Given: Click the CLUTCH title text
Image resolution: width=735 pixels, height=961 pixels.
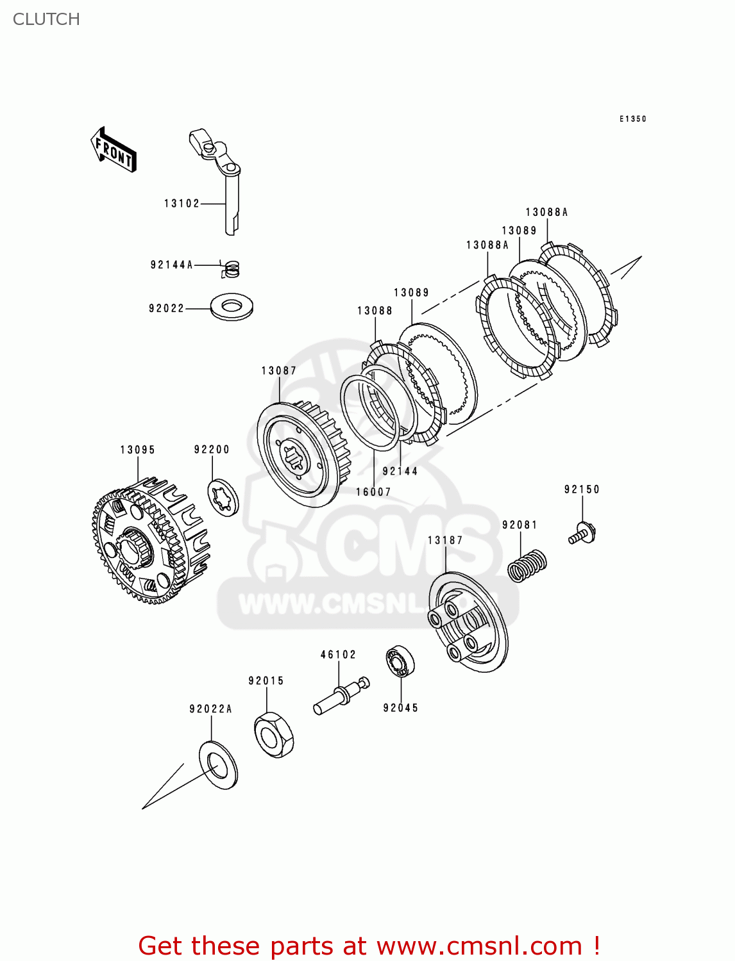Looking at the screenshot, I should click(x=46, y=19).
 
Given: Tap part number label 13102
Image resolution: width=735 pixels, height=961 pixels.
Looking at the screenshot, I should click(x=182, y=204).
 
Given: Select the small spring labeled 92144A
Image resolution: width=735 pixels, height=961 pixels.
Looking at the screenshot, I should click(x=231, y=268).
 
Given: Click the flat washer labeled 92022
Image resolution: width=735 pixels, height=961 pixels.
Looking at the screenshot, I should click(x=232, y=307).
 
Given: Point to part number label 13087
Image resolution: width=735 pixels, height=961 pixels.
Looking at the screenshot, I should click(x=278, y=371).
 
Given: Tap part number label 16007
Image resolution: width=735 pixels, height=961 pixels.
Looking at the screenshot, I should click(x=373, y=492).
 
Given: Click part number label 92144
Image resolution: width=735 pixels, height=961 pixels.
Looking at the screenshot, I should click(x=400, y=472).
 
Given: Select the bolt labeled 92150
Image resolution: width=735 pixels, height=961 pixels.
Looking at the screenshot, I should click(x=582, y=534).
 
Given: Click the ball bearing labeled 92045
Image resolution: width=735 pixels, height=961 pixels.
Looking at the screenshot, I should click(x=400, y=661).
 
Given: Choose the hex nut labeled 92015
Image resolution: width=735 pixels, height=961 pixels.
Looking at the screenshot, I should click(x=274, y=735).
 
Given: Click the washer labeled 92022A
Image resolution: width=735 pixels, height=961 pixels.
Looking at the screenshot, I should click(x=218, y=765).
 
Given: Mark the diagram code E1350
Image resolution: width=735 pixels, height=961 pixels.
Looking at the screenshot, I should click(x=632, y=119).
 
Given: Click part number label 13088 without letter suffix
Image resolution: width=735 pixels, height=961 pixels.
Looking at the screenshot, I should click(x=375, y=311).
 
